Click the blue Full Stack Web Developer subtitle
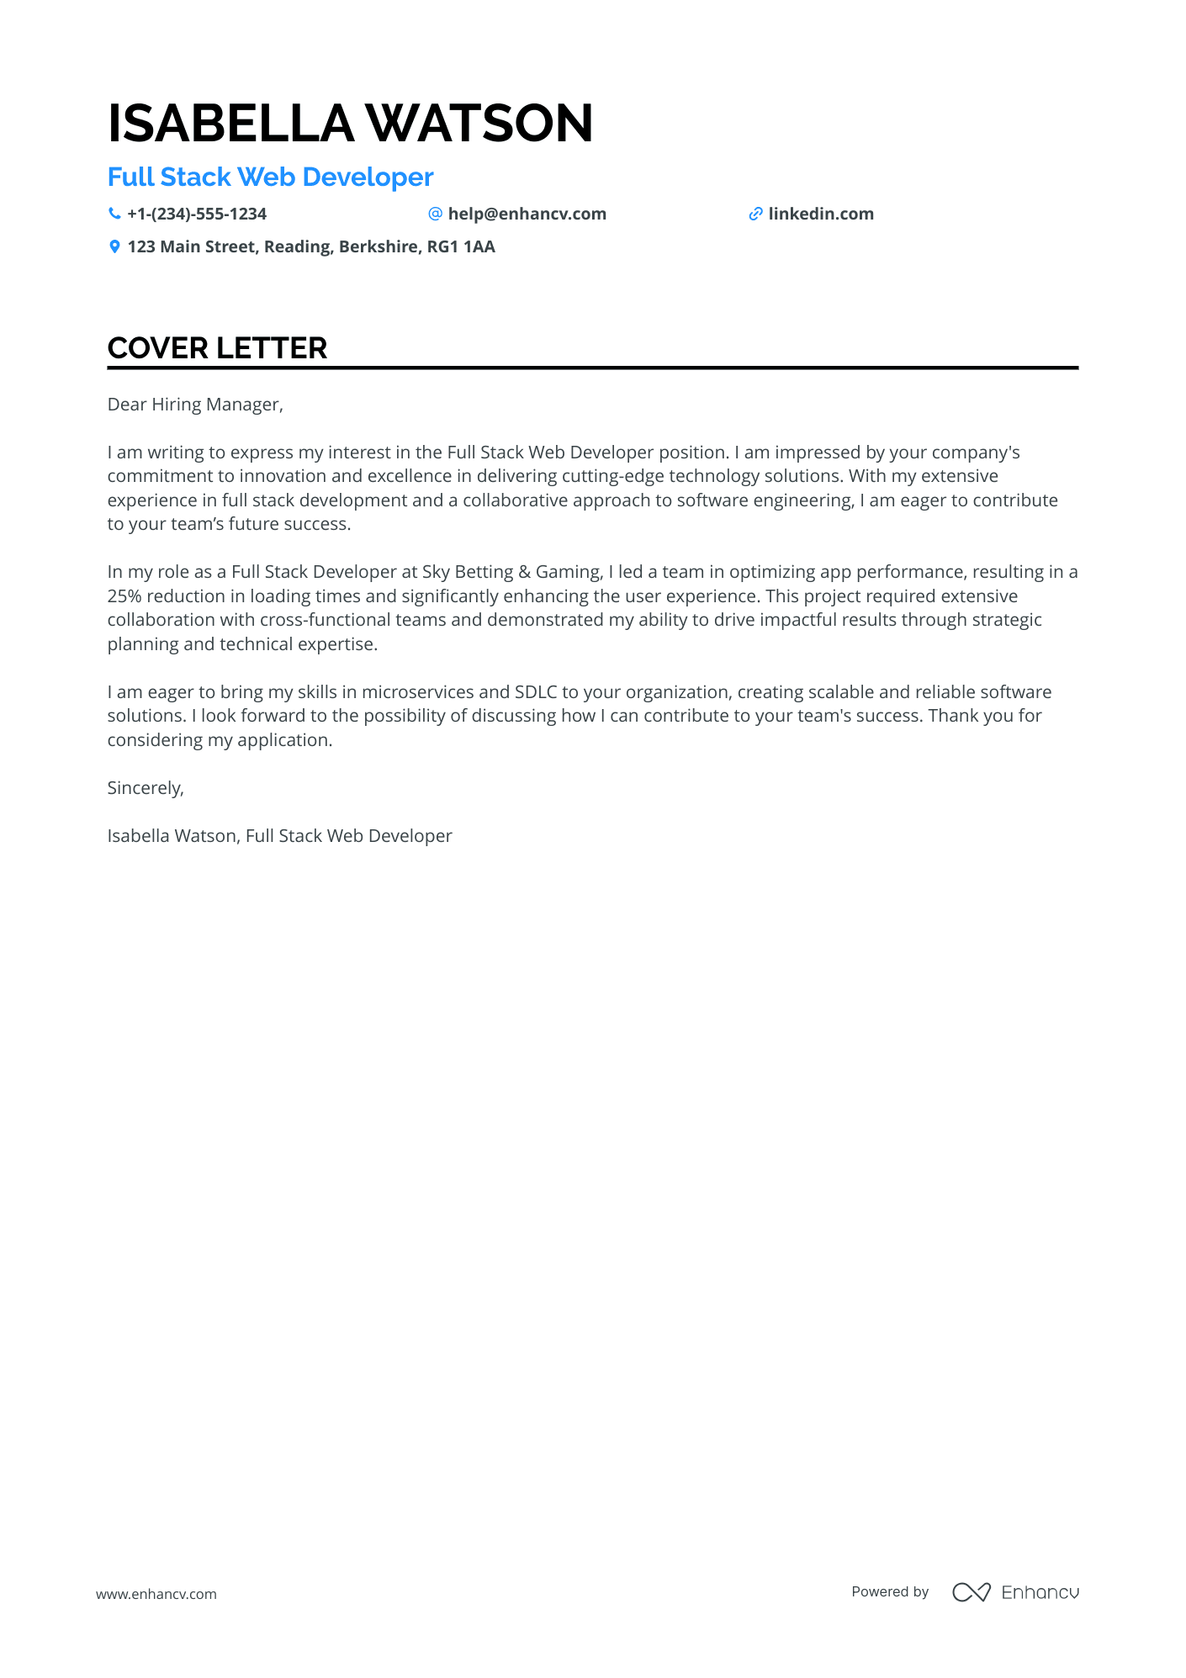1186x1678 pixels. [270, 177]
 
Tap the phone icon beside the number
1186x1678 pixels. [114, 214]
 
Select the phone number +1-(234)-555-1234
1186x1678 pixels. [197, 214]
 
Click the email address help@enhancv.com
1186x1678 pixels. [527, 214]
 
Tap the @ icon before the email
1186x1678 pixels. [435, 214]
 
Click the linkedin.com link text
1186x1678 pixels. [820, 214]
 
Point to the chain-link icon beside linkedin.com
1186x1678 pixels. [755, 214]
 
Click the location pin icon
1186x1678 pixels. [114, 246]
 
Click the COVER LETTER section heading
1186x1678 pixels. [217, 348]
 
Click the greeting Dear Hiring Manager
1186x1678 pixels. [195, 405]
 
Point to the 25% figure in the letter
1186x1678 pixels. [124, 596]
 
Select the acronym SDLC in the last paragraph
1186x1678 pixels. [535, 692]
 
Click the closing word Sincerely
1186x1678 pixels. [145, 788]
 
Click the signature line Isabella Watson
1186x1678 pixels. [172, 836]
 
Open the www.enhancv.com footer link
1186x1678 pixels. [156, 1594]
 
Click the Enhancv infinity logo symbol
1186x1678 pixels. [971, 1592]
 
